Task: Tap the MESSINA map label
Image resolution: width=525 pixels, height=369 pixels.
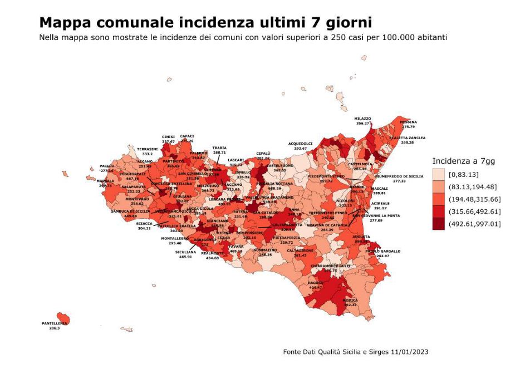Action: [408, 121]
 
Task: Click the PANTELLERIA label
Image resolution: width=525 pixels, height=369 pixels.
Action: [55, 323]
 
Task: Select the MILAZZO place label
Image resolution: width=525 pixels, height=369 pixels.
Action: [363, 119]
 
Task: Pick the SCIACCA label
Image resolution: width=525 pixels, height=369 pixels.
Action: [144, 223]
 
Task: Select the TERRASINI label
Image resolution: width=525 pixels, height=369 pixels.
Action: [148, 149]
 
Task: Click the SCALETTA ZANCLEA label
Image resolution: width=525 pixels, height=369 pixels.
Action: [407, 137]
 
